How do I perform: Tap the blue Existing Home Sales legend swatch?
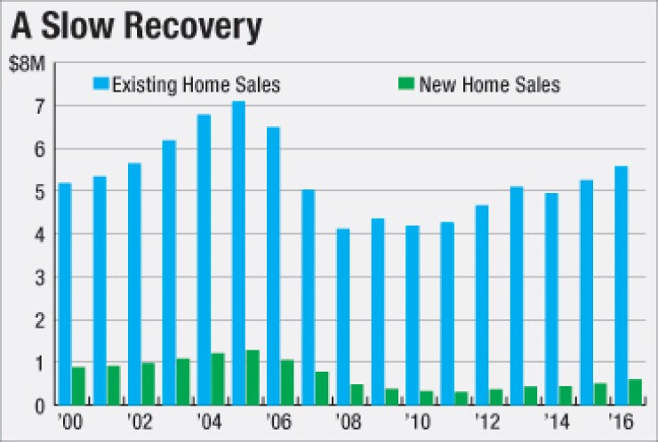pyautogui.click(x=102, y=84)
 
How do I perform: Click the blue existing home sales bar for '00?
pyautogui.click(x=63, y=293)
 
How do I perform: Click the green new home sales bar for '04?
pyautogui.click(x=217, y=379)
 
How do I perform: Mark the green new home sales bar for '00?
pyautogui.click(x=78, y=386)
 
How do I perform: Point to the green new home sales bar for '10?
pyautogui.click(x=425, y=398)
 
